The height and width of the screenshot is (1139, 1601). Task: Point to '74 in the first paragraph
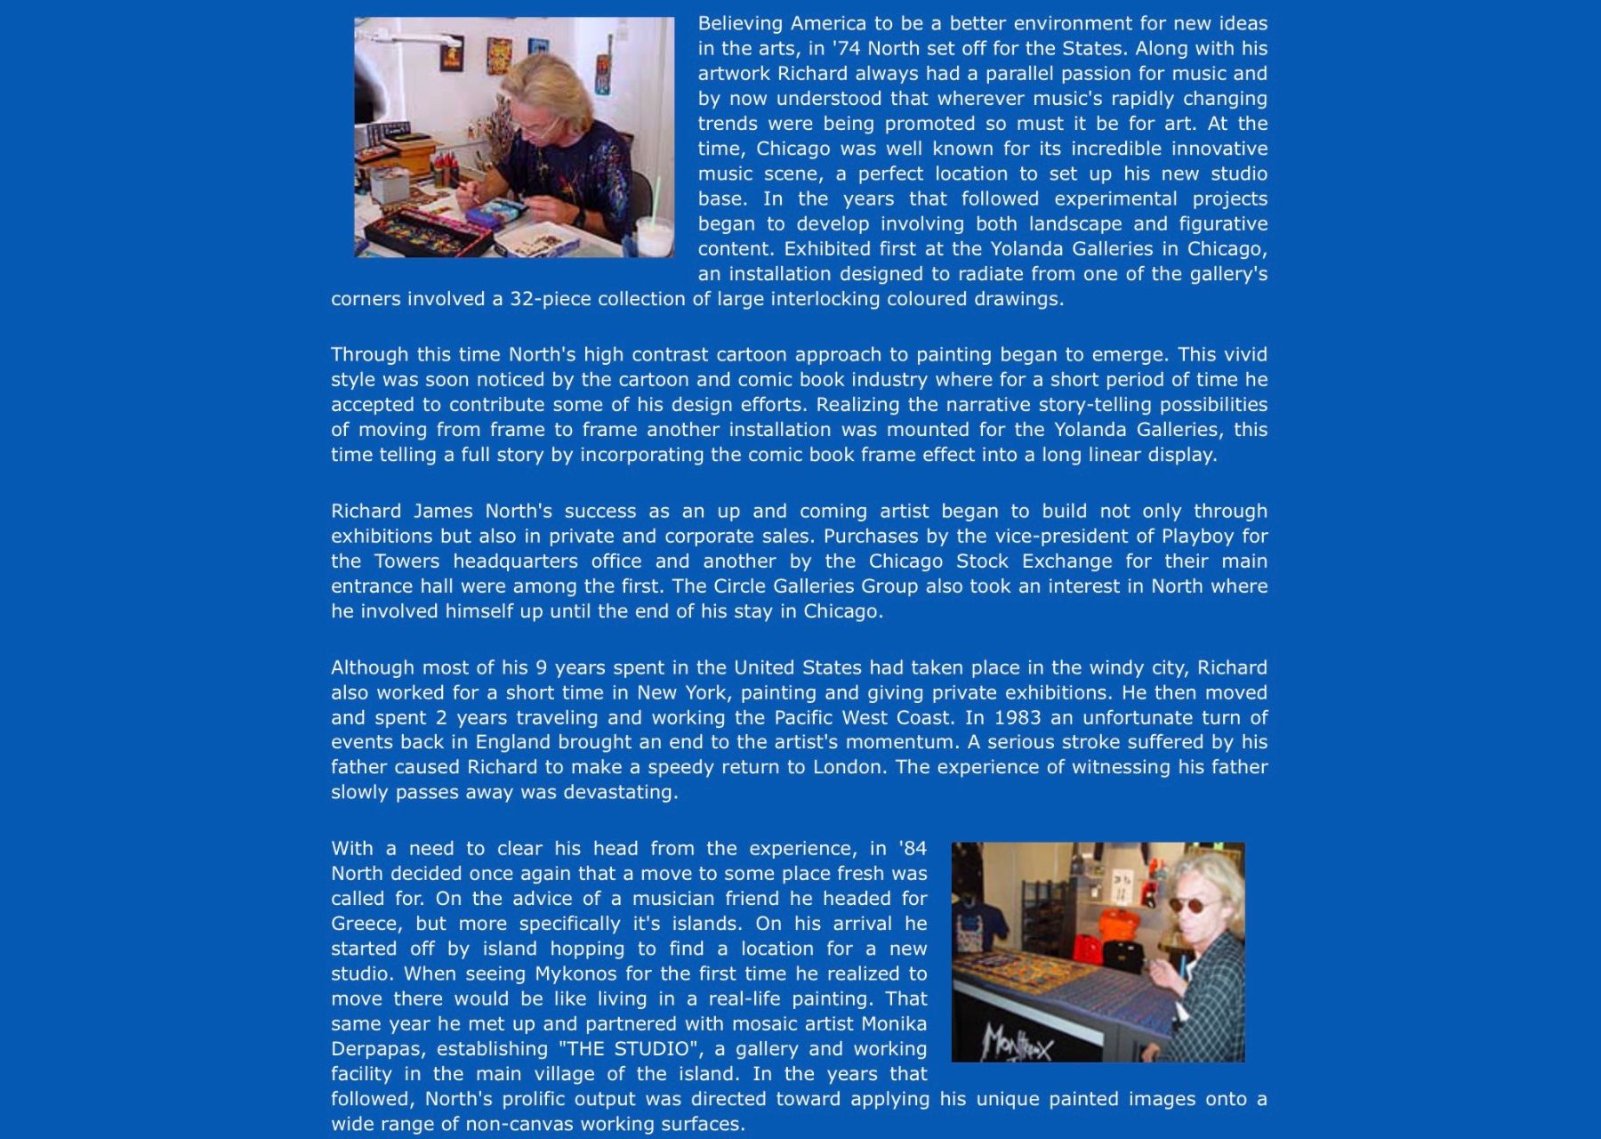coord(846,48)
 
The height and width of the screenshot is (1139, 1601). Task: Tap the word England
coord(517,742)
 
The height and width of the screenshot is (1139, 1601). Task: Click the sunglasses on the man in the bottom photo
coord(1189,906)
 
